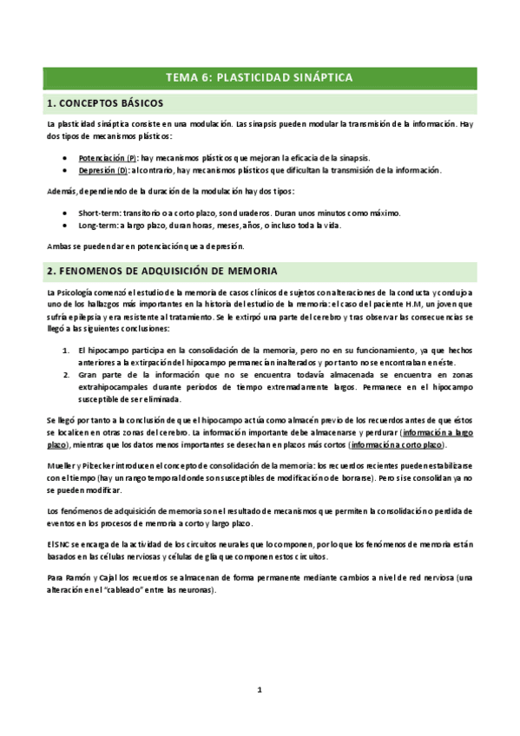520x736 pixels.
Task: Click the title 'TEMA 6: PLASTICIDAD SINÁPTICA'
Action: point(259,77)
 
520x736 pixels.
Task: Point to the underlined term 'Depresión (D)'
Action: point(103,170)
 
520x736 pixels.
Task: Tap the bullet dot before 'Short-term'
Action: point(68,213)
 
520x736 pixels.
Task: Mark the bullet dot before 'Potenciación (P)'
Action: point(68,158)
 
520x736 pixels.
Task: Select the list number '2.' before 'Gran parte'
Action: point(68,375)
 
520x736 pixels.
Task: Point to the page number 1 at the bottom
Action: point(259,690)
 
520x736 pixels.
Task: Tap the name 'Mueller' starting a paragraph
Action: point(61,464)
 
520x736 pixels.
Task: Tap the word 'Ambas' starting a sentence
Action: point(60,246)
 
